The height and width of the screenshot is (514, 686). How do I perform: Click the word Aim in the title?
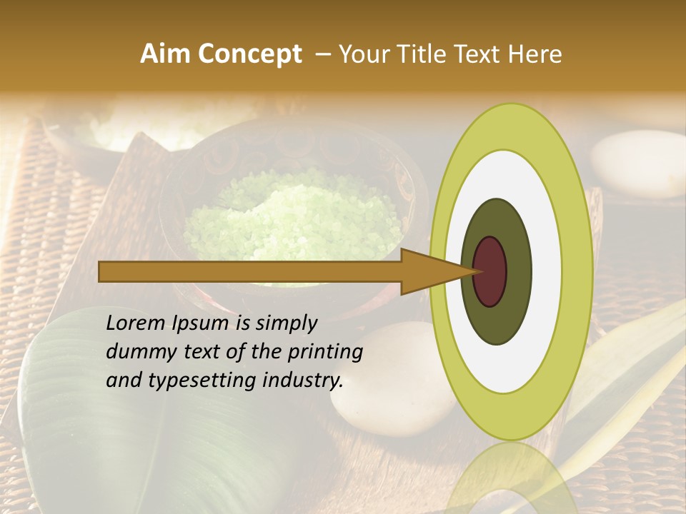[165, 54]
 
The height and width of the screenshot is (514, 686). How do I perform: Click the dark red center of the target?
[490, 272]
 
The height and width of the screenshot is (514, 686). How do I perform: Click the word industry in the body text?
[306, 381]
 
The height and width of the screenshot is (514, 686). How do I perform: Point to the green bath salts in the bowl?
[293, 214]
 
